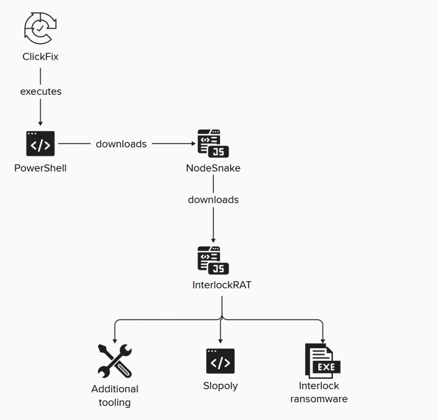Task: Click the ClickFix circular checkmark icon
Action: click(40, 28)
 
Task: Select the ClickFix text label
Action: click(40, 57)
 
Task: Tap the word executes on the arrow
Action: click(40, 92)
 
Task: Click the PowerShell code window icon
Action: click(40, 144)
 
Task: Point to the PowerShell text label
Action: click(40, 168)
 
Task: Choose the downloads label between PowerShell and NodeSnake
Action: click(121, 144)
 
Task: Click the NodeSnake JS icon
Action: click(213, 144)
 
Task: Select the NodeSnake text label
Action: click(213, 168)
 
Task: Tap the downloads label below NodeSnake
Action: click(213, 200)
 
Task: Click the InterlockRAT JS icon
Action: click(213, 260)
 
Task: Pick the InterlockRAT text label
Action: click(221, 285)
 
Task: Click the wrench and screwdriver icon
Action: click(115, 361)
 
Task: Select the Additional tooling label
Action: click(115, 395)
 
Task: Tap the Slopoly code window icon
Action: click(220, 361)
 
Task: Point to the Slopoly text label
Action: click(220, 386)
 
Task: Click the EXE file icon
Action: click(322, 361)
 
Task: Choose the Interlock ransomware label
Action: click(319, 392)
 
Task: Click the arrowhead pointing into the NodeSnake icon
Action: click(193, 144)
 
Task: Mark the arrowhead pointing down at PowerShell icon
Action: click(40, 121)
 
